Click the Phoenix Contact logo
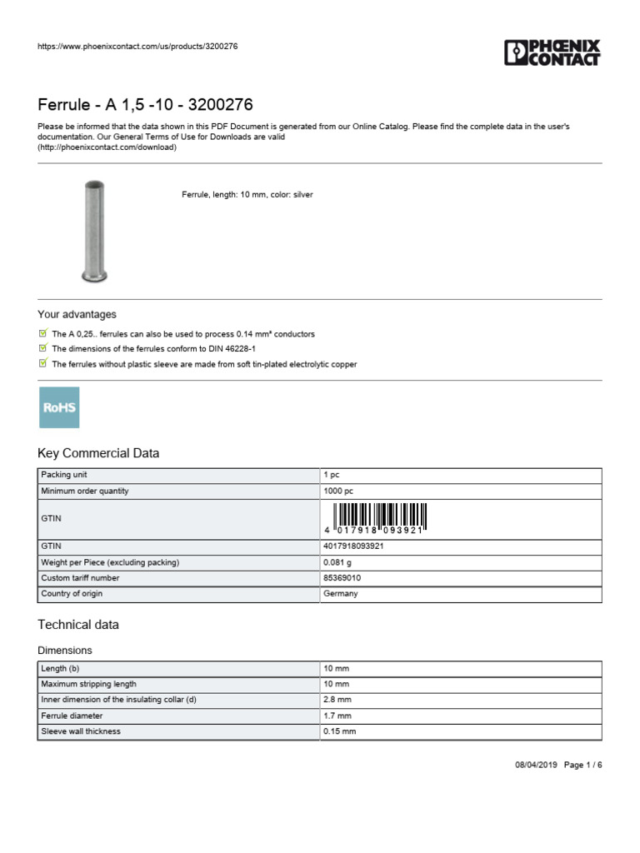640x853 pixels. point(552,52)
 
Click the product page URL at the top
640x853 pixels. point(137,46)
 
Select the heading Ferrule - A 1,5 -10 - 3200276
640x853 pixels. point(145,105)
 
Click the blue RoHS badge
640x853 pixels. point(59,407)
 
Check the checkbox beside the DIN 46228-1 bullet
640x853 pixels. point(43,348)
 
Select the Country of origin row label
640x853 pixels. point(72,594)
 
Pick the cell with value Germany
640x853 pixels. point(341,594)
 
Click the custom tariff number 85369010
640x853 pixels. point(342,578)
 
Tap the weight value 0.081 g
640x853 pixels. point(337,562)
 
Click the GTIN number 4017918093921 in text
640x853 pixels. point(353,546)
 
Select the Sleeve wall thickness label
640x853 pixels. point(81,731)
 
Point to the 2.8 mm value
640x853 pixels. point(337,700)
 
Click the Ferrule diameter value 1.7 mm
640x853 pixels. point(337,716)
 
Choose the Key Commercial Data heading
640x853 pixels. point(98,454)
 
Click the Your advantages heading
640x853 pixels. point(77,315)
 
